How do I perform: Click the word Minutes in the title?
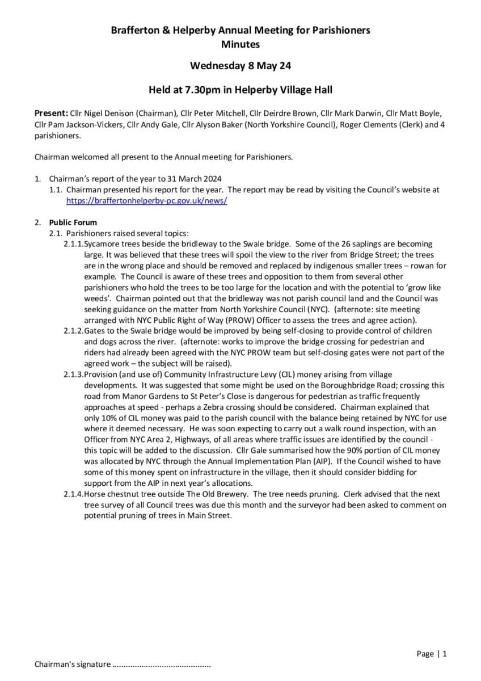point(241,44)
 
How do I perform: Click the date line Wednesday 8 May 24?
point(241,66)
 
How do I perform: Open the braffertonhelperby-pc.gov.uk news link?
point(146,201)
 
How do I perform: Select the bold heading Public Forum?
point(73,222)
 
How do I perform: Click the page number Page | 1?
point(431,654)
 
